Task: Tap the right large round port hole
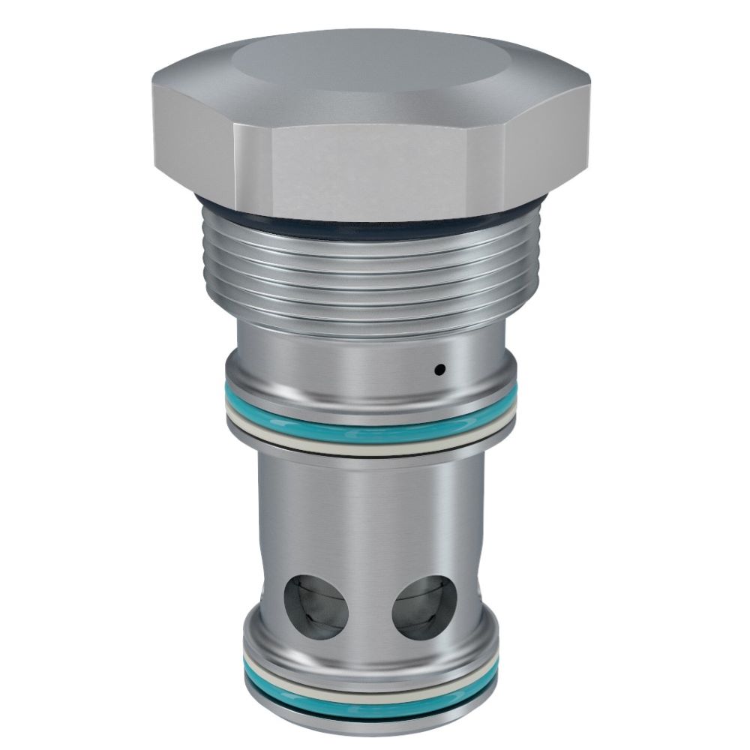425,607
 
